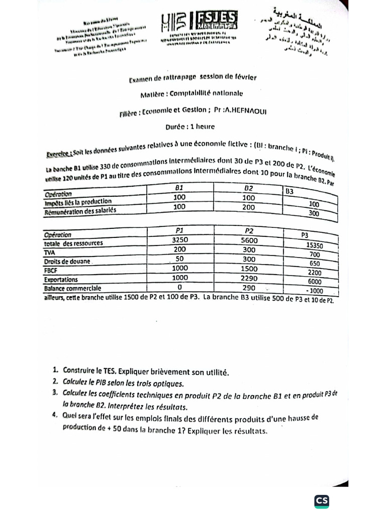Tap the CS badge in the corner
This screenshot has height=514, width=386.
click(322, 501)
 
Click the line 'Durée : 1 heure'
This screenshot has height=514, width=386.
click(189, 127)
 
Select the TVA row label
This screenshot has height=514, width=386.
click(50, 252)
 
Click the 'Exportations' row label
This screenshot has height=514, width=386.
click(61, 279)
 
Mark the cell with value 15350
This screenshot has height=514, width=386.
click(314, 246)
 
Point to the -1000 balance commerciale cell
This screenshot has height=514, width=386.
click(314, 291)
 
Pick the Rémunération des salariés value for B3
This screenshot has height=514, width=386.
click(314, 213)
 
